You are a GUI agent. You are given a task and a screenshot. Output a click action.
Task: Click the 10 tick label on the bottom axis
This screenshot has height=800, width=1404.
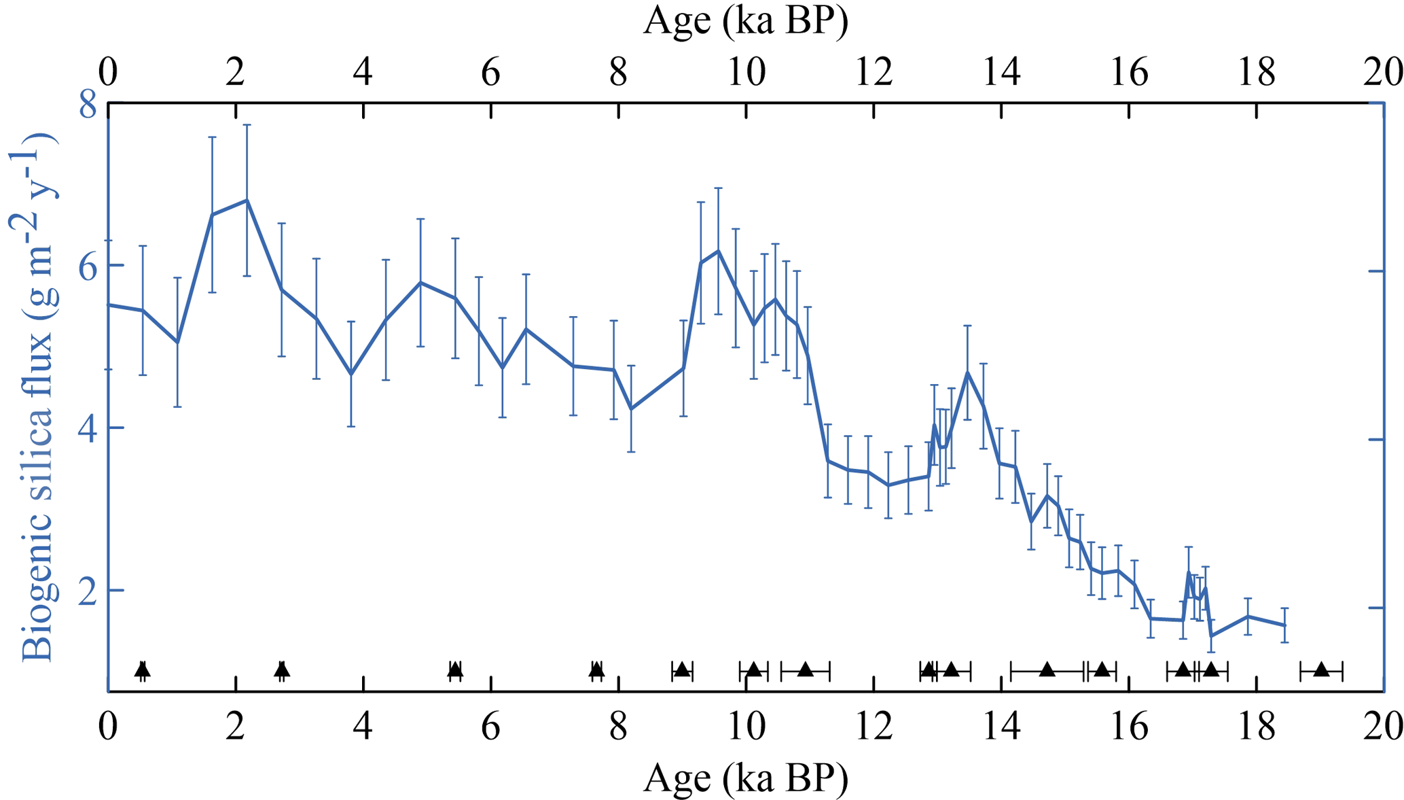(x=746, y=727)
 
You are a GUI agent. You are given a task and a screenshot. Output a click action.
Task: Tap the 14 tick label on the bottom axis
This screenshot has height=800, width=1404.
(x=1001, y=727)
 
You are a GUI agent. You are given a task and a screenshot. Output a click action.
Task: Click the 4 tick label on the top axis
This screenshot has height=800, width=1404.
(x=363, y=72)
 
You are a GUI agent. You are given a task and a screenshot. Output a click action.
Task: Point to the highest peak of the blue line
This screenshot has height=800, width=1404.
(x=247, y=200)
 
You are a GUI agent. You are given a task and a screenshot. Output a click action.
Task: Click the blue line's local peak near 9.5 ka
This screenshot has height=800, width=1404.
(x=718, y=251)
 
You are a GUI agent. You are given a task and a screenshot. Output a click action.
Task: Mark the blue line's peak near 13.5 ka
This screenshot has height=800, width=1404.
(x=967, y=372)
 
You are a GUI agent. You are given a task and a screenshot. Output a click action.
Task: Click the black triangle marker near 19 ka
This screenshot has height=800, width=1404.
(x=1321, y=670)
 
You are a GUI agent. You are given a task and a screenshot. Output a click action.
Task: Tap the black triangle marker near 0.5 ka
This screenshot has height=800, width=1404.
(x=142, y=670)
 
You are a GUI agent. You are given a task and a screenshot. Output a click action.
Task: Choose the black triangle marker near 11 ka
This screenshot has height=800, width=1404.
(x=805, y=670)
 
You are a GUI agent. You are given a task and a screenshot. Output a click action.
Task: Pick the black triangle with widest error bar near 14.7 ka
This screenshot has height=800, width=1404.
(x=1047, y=670)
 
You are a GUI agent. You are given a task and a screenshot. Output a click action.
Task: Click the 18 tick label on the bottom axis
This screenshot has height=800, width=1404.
(x=1257, y=727)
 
